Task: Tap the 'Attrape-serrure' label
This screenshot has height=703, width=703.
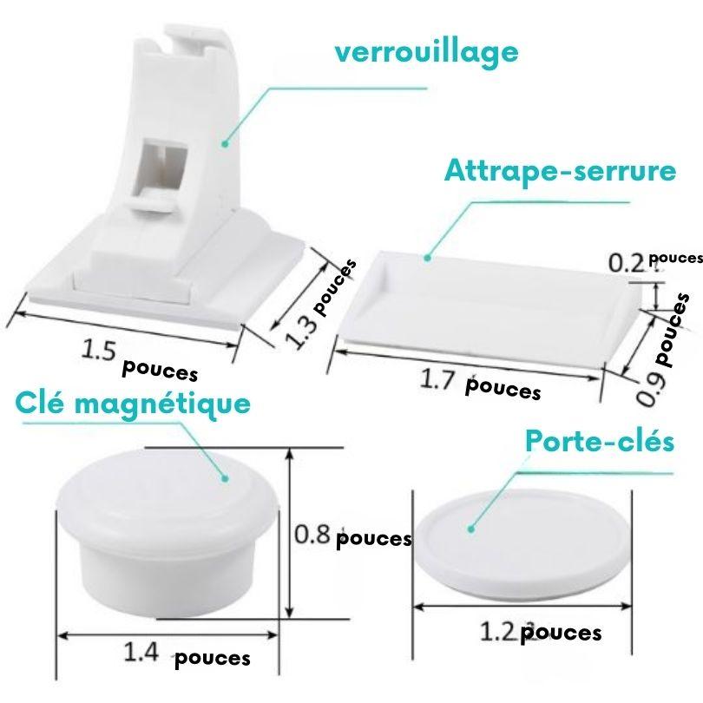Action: click(560, 171)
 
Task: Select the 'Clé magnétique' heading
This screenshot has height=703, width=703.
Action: click(133, 404)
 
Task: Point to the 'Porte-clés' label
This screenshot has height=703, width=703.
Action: click(600, 442)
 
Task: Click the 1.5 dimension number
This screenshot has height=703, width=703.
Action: click(99, 350)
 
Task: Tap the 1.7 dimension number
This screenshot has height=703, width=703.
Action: click(437, 380)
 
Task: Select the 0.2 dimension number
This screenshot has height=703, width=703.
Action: click(627, 263)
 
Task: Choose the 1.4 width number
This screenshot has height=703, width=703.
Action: click(141, 653)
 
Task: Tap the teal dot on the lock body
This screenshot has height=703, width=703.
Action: click(225, 143)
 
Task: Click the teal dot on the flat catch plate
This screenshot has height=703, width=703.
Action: click(427, 258)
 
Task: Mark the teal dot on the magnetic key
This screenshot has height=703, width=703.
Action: click(225, 478)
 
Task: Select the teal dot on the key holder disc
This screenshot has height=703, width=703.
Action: click(470, 529)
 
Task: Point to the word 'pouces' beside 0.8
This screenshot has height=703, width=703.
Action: click(373, 538)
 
